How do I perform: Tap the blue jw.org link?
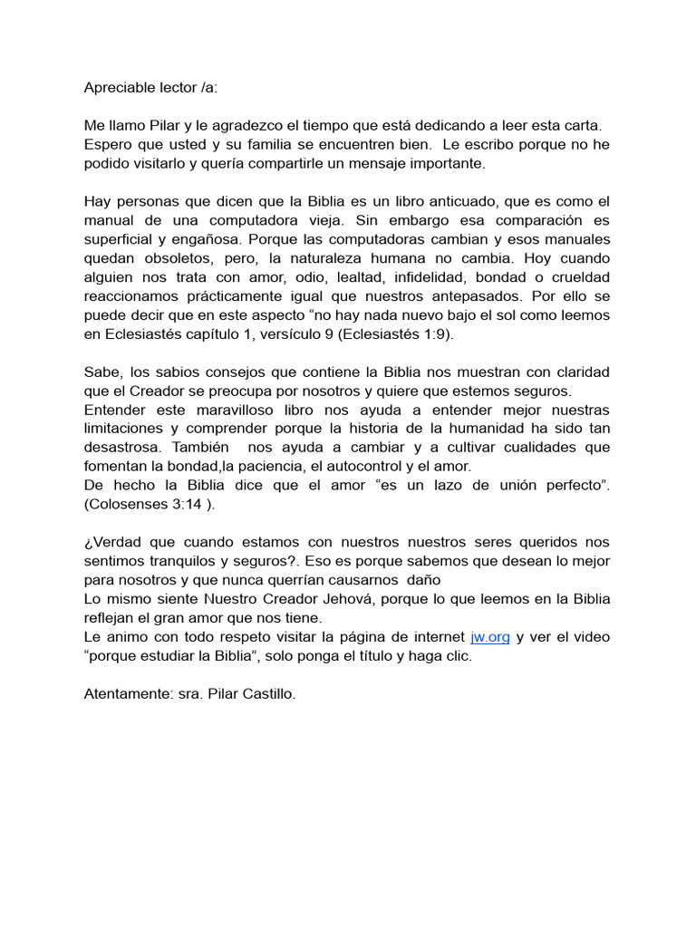point(490,637)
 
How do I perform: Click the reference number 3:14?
point(186,505)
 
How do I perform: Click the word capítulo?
point(242,334)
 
